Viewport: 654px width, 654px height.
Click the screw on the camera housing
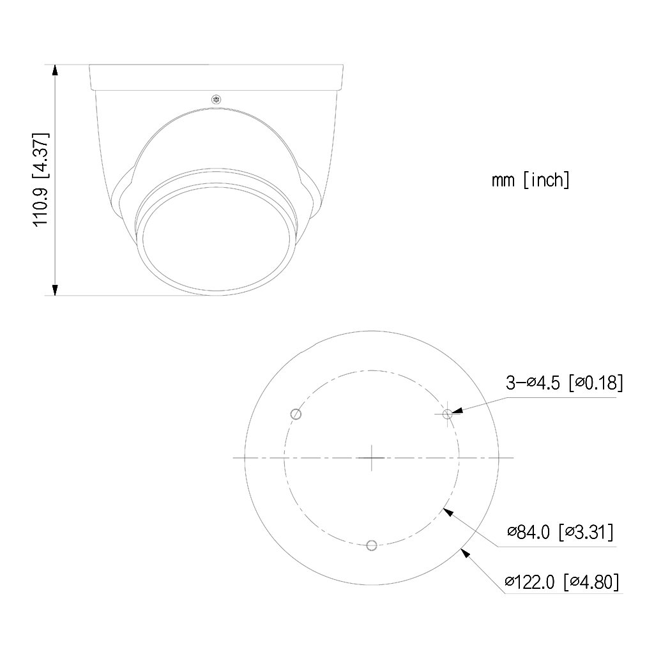pyautogui.click(x=216, y=99)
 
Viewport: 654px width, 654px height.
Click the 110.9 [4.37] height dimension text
pyautogui.click(x=42, y=179)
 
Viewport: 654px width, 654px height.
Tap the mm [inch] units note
pyautogui.click(x=531, y=180)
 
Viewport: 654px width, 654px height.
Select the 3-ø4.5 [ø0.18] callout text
pyautogui.click(x=565, y=383)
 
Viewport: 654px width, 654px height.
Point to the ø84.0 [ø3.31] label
pyautogui.click(x=561, y=532)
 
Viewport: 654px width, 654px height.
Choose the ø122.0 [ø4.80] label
pyautogui.click(x=562, y=581)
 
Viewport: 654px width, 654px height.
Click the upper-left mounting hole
pyautogui.click(x=296, y=414)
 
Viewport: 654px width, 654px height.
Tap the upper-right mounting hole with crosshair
pyautogui.click(x=448, y=414)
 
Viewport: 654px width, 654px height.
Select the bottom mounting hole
pyautogui.click(x=372, y=545)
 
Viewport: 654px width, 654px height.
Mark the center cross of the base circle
pyautogui.click(x=372, y=457)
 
